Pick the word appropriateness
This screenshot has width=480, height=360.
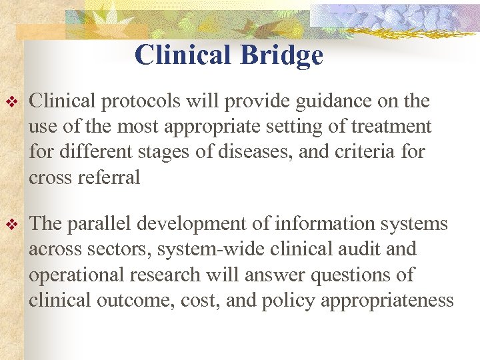coord(387,300)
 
